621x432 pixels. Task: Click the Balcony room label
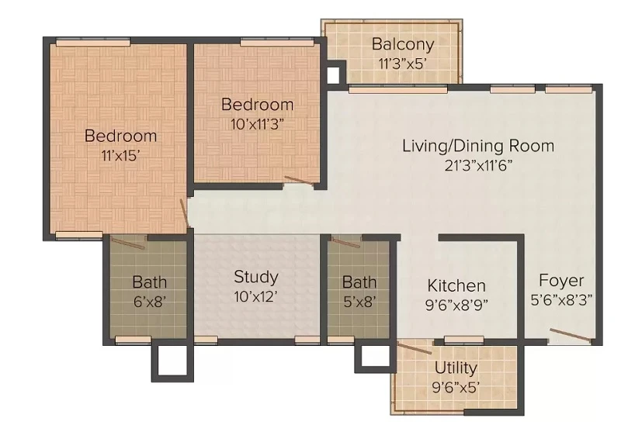coord(403,44)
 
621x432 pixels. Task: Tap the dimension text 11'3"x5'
coord(402,64)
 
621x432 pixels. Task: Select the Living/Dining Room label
coord(478,146)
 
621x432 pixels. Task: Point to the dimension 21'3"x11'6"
coord(478,165)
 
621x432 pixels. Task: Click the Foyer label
coord(561,281)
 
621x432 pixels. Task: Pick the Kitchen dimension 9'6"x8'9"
coord(456,305)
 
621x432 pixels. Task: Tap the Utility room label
coord(456,368)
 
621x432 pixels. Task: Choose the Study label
coord(256,278)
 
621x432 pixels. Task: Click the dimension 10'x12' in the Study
coord(255,296)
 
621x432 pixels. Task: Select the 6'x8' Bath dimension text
coord(149,302)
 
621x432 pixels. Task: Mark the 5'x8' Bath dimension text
coord(359,302)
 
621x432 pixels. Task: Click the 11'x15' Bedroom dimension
coord(121,156)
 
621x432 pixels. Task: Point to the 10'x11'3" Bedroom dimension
coord(258,125)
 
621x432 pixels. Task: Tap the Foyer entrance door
coord(571,334)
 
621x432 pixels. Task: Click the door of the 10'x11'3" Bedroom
coord(299,181)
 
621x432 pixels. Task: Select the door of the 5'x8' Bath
coord(345,243)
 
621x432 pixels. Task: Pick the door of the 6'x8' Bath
coord(127,243)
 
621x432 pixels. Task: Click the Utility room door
coord(415,348)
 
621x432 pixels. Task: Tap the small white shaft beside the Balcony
coord(334,74)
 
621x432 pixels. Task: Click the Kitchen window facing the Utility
coord(463,340)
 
